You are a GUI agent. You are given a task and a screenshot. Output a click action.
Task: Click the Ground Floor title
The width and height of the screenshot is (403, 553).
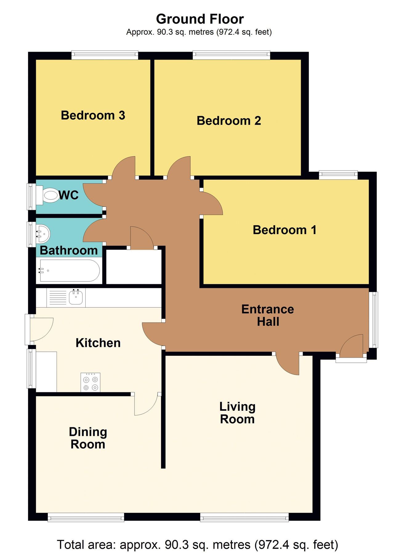point(200,19)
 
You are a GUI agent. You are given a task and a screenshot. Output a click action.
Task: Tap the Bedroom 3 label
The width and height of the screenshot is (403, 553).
point(93,116)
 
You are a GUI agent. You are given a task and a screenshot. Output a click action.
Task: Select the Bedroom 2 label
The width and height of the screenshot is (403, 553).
point(229,121)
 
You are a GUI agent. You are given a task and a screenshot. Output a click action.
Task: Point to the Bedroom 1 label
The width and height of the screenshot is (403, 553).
point(284,230)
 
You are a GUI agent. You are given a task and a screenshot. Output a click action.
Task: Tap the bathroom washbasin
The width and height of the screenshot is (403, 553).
point(43,234)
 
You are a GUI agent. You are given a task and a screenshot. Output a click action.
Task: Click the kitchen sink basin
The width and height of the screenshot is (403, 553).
point(76,297)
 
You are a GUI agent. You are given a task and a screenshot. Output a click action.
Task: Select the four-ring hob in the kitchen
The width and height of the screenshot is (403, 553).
point(91,382)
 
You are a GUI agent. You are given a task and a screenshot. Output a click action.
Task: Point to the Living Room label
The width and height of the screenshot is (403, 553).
point(237,413)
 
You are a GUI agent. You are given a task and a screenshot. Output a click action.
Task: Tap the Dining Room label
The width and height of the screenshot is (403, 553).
point(88,438)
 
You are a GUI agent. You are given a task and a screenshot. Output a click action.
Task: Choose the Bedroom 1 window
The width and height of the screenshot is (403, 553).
point(338,175)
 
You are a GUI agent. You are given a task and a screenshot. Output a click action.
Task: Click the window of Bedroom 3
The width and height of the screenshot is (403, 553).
point(105,55)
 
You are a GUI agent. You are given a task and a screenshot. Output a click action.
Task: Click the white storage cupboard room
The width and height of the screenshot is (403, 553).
point(134,267)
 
